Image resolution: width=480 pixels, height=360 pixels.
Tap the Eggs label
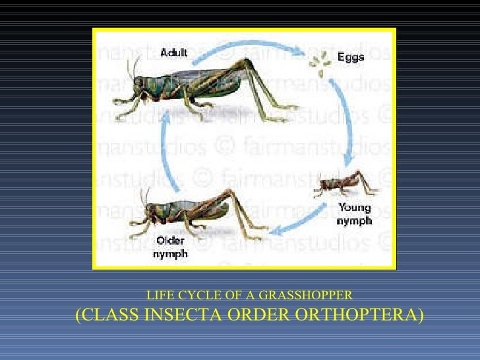(x=350, y=57)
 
